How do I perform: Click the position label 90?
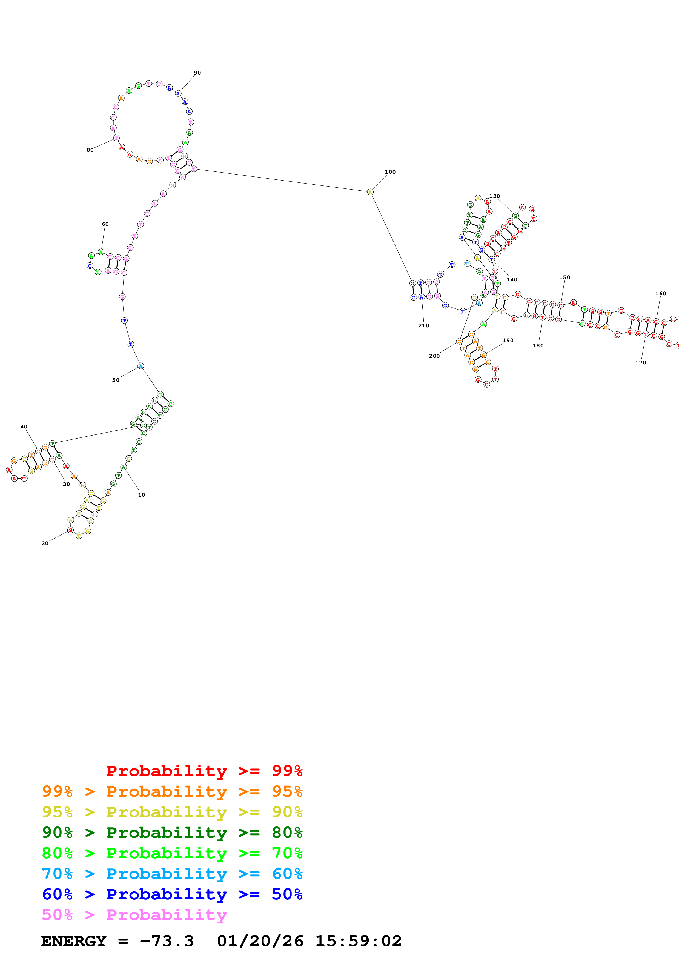coord(197,73)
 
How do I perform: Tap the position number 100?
coord(390,172)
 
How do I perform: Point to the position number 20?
coord(45,543)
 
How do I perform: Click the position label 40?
coord(24,427)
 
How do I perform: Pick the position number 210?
coord(423,326)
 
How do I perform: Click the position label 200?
coord(434,356)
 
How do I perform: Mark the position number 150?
coord(564,278)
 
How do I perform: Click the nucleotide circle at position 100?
coord(370,192)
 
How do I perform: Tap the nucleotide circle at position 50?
coord(141,366)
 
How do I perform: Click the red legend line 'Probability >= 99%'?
coord(204,771)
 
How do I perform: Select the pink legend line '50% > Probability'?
coord(134,915)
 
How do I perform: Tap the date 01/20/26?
coord(260,941)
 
